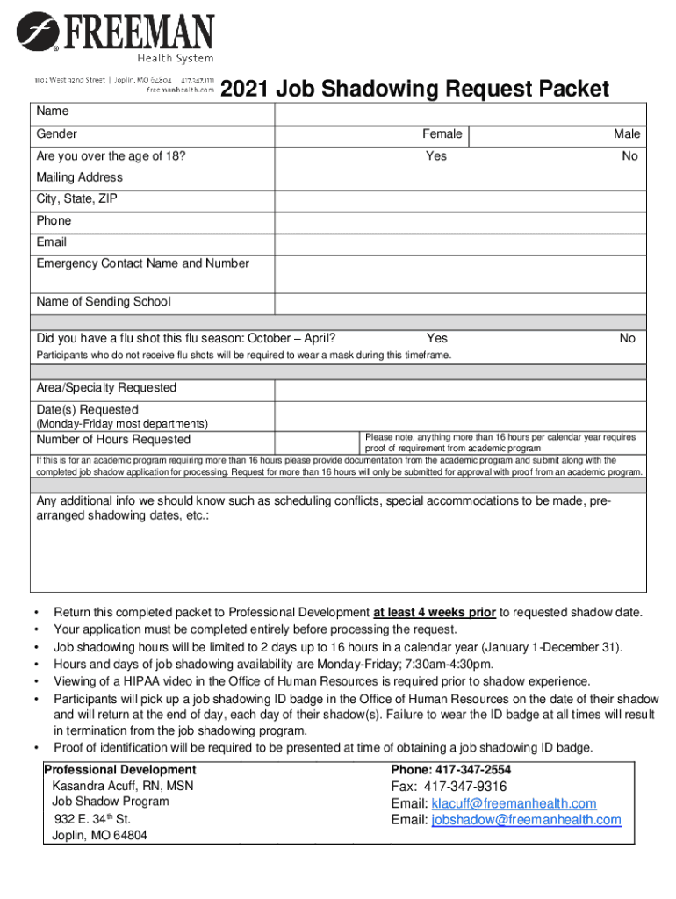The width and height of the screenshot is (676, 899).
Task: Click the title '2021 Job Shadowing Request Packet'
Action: [x=414, y=89]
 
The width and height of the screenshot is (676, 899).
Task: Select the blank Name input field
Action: [x=460, y=113]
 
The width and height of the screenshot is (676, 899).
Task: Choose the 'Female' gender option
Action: [x=442, y=134]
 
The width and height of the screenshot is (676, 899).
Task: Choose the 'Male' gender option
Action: [x=626, y=134]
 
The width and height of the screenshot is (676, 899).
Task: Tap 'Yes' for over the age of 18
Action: [x=436, y=156]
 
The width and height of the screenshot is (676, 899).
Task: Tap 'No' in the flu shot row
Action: [x=627, y=338]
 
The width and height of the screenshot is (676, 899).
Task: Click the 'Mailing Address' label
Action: [x=80, y=177]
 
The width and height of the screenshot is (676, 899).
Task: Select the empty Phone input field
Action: [x=460, y=220]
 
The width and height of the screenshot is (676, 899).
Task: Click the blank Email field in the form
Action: [x=460, y=242]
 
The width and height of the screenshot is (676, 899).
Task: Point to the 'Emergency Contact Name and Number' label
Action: [x=142, y=263]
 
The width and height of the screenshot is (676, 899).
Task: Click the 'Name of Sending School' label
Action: [x=104, y=302]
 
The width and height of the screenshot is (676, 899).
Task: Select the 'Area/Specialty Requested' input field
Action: [x=460, y=388]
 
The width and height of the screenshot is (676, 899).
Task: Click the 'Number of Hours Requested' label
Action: [x=113, y=440]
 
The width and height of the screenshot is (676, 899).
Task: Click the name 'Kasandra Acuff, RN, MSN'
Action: [x=123, y=786]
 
